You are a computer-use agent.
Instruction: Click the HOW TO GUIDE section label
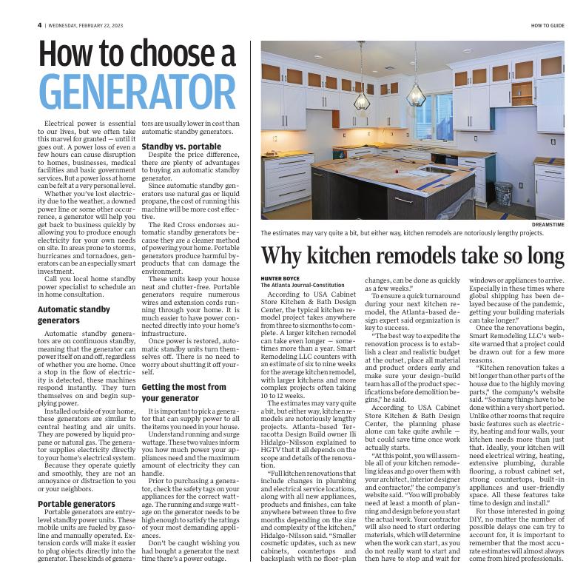547,25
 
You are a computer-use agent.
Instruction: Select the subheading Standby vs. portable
181,146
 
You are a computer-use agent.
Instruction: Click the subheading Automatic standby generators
74,314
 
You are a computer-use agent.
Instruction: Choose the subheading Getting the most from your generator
183,392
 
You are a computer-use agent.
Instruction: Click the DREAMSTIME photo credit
548,224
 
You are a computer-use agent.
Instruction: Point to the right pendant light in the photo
416,93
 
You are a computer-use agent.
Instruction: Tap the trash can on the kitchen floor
503,194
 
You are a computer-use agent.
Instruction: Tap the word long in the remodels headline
542,256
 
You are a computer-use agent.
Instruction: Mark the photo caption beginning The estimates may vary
402,232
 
